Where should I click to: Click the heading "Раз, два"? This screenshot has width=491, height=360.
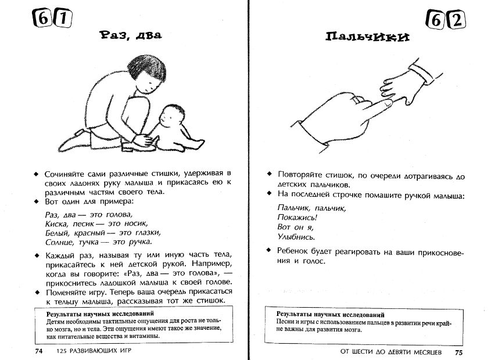coord(131,35)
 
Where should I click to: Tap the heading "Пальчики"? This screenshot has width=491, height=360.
coord(367,37)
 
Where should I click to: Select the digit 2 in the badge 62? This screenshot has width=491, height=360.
coord(457,21)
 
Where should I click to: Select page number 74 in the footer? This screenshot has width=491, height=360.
coord(39,351)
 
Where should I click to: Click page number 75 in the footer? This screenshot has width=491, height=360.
coord(458,352)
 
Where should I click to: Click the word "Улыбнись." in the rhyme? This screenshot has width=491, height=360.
coord(296,237)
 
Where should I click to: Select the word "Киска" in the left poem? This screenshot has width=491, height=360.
coord(56,223)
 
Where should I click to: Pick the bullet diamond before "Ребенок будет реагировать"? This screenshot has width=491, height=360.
coord(269,250)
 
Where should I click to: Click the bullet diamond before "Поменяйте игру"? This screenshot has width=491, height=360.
coord(37,291)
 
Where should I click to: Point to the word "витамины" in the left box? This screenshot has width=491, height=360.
coord(140,336)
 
